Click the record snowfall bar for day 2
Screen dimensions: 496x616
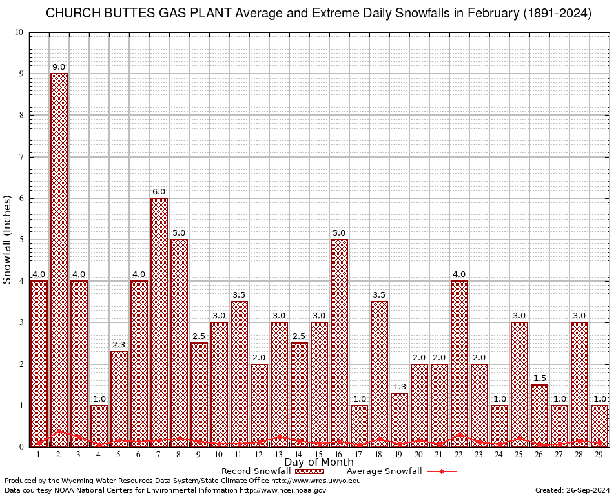59,258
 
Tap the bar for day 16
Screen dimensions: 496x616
339,342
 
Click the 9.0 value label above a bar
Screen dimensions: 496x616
59,67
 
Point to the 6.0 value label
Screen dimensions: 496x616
159,192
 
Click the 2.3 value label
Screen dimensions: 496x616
119,345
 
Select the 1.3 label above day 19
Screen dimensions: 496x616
399,386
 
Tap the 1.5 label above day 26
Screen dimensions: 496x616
539,378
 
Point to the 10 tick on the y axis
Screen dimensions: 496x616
20,32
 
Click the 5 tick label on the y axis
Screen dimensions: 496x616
22,240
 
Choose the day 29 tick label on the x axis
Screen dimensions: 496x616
599,455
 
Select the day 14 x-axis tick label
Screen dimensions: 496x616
299,455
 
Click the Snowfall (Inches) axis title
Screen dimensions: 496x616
8,239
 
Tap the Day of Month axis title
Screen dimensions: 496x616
319,462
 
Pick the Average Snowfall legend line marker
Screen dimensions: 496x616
442,471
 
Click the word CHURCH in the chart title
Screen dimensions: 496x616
72,14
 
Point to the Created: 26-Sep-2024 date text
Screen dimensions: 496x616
572,490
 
